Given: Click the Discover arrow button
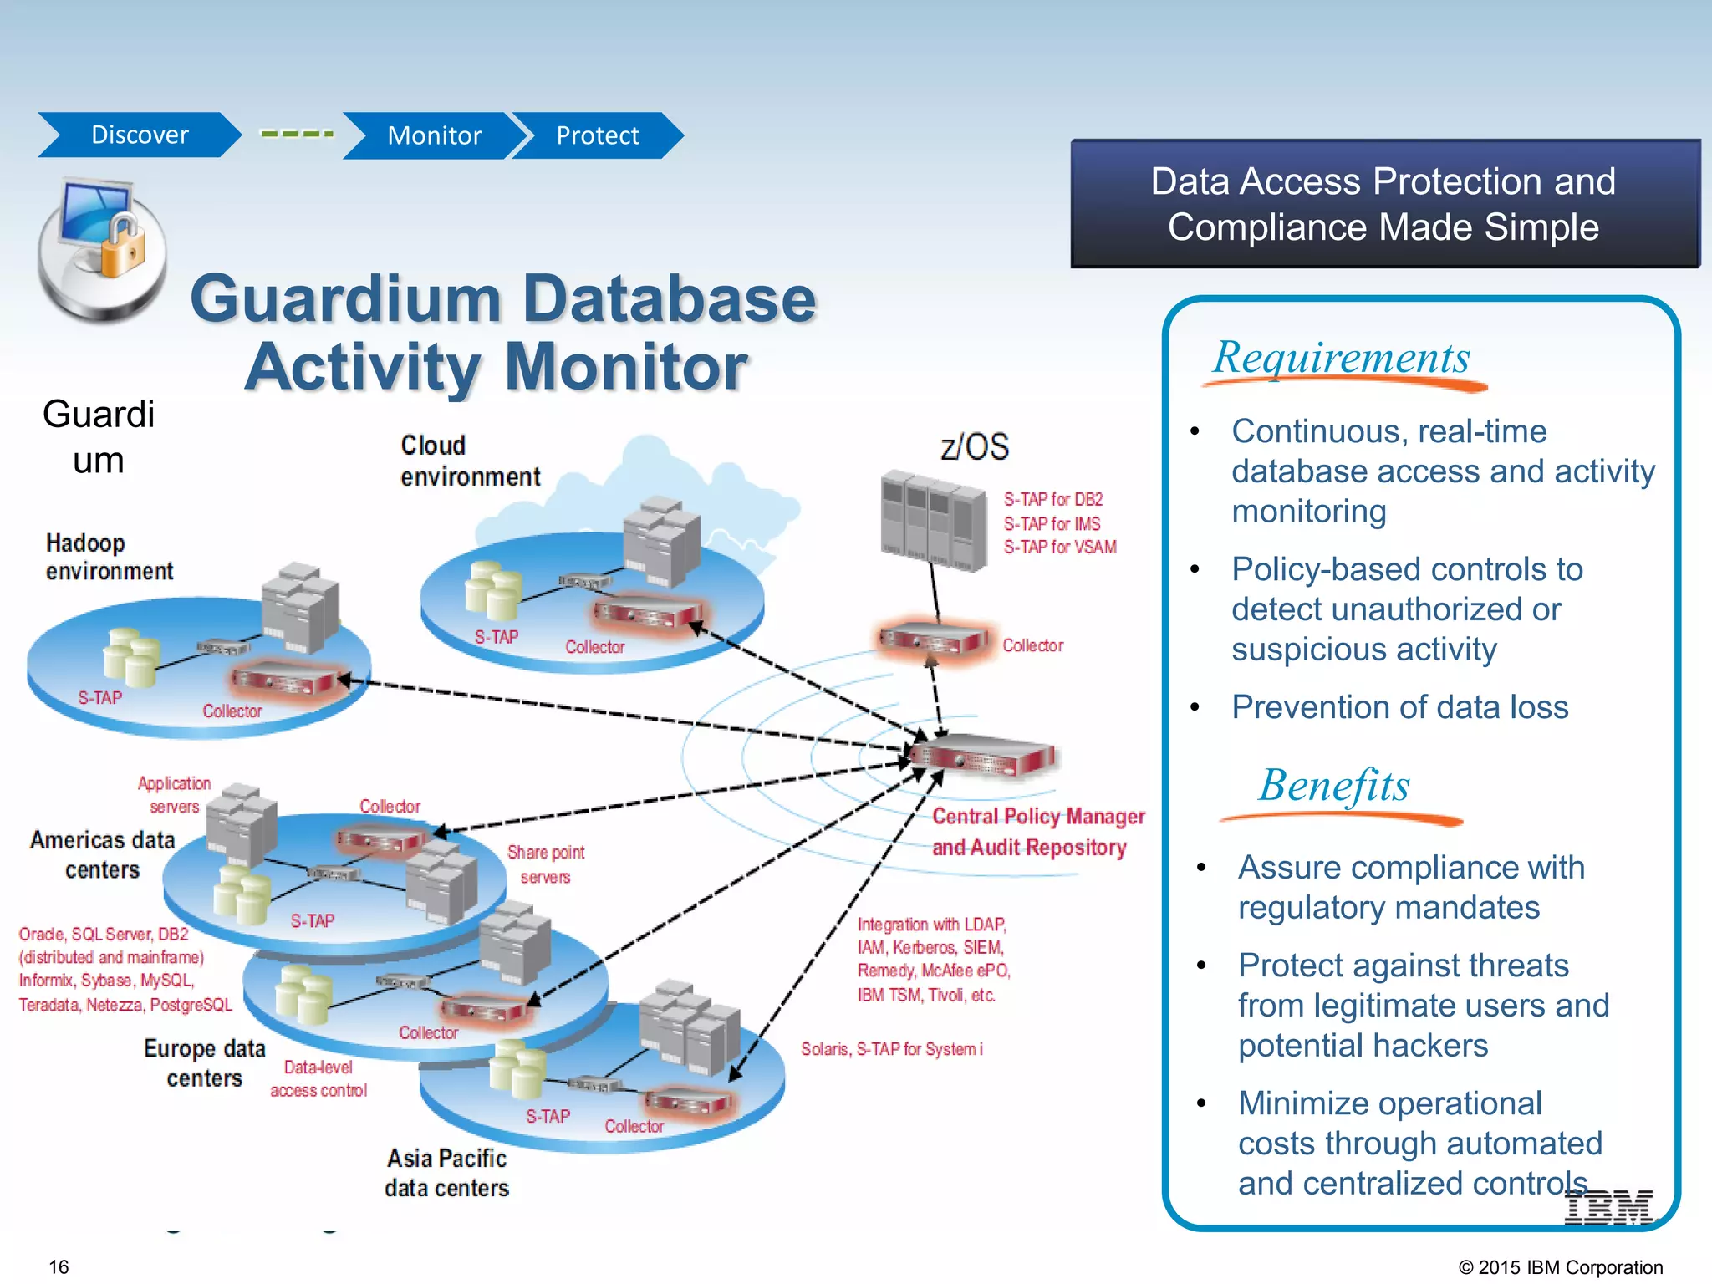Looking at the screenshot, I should coord(139,135).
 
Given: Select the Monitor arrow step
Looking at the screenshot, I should coord(433,135).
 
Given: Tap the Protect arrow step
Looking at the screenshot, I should coord(597,135).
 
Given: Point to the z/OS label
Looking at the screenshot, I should coord(975,446).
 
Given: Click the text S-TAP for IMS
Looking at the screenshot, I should coord(1052,523).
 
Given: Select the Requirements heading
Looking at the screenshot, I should coord(1341,358).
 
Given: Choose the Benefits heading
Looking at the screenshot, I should coord(1334,786).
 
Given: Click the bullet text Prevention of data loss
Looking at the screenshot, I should coord(1399,707).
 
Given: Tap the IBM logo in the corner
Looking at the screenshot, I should coord(1608,1207).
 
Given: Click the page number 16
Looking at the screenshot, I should coord(59,1266).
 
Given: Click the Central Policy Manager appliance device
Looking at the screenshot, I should coord(983,756).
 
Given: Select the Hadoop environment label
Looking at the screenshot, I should coord(109,557).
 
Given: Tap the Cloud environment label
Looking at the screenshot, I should coord(470,461).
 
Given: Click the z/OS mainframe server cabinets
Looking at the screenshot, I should coord(933,520).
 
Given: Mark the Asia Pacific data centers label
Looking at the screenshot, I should coord(446,1173).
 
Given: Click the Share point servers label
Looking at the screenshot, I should coord(545,864).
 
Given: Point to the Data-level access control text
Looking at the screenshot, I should coord(318,1078).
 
